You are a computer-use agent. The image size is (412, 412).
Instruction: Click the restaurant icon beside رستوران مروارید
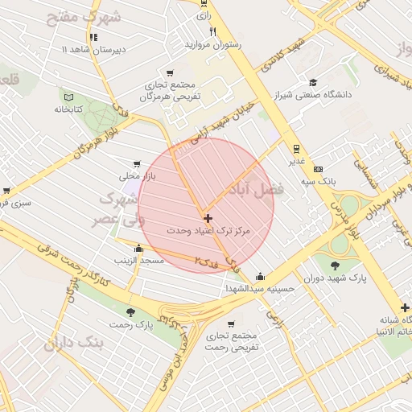[x=212, y=31]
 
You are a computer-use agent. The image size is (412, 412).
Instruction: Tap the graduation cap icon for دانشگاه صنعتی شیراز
[x=312, y=82]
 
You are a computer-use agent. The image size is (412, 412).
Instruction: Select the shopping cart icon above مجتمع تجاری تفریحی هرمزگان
[x=169, y=72]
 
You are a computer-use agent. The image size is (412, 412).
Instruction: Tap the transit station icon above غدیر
[x=296, y=147]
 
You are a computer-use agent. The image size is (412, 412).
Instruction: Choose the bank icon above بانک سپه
[x=319, y=169]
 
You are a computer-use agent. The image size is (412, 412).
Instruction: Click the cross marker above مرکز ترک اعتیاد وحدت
[x=208, y=218]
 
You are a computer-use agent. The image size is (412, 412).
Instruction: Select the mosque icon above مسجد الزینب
[x=139, y=248]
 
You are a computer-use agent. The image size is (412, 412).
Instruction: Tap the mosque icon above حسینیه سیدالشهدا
[x=261, y=274]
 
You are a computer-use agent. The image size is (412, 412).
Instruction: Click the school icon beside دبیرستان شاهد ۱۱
[x=95, y=37]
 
